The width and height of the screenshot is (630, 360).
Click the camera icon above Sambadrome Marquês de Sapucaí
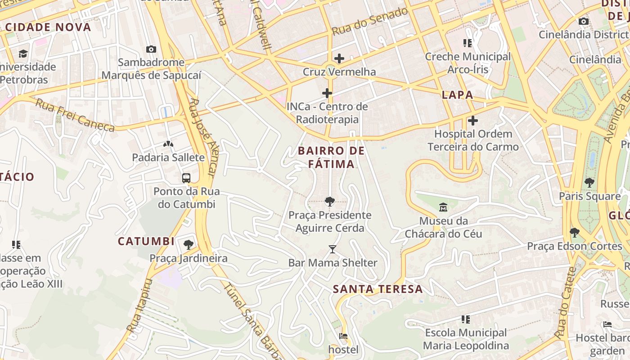click(151, 49)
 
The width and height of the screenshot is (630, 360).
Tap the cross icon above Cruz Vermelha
click(339, 58)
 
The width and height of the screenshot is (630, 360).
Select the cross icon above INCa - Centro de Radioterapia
click(327, 93)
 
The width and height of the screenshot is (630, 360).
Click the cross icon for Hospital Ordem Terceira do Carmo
click(473, 121)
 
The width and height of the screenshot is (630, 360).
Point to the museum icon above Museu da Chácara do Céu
click(443, 207)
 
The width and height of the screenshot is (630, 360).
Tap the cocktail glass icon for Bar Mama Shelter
click(333, 249)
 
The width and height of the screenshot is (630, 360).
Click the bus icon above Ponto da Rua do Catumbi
click(186, 178)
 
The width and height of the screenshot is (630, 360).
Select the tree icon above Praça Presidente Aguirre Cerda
click(330, 201)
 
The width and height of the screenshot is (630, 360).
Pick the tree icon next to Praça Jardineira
click(189, 245)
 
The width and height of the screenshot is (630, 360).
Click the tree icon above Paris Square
click(589, 183)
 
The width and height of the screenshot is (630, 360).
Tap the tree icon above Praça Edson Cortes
click(575, 233)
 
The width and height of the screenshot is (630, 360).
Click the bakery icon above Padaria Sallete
click(168, 144)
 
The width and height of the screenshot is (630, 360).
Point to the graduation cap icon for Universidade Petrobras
click(23, 54)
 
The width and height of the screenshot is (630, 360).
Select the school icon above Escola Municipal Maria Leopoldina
click(466, 319)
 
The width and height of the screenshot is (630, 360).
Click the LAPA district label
click(457, 95)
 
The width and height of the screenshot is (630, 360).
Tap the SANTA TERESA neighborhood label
click(378, 289)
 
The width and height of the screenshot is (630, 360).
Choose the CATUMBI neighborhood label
click(146, 241)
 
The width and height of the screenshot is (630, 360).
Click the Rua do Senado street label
click(370, 21)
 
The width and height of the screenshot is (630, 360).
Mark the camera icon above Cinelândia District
click(584, 21)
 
